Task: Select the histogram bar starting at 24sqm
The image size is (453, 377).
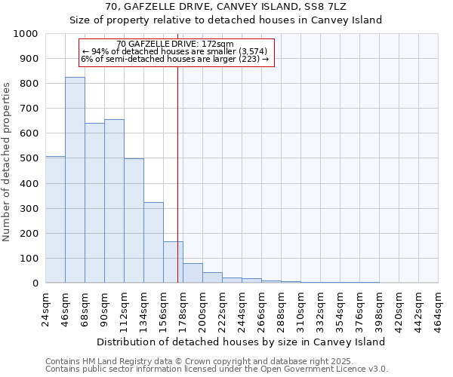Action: click(x=55, y=219)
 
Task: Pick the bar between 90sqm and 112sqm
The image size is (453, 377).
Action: click(x=114, y=201)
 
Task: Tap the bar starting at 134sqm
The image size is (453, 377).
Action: click(x=153, y=242)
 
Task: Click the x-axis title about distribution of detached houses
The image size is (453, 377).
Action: click(x=242, y=342)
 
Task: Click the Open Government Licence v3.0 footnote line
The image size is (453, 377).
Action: click(x=217, y=369)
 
